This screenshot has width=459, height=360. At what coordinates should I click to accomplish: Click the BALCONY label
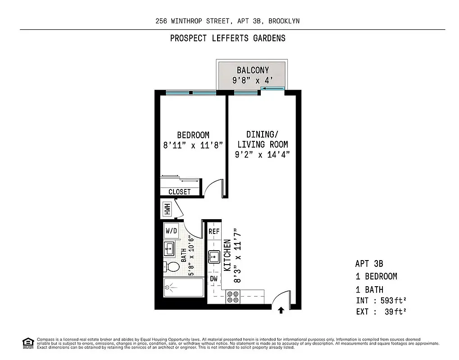(x=253, y=70)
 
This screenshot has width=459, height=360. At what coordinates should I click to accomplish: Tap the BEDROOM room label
(x=193, y=135)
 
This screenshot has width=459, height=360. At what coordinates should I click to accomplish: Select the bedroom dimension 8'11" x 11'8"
(x=193, y=145)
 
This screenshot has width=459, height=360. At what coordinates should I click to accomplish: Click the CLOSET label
(x=179, y=192)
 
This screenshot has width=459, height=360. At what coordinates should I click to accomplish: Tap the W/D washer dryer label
(x=171, y=231)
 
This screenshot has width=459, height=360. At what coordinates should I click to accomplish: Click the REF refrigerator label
(x=214, y=231)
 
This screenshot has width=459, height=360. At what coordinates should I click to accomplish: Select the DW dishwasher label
(x=214, y=279)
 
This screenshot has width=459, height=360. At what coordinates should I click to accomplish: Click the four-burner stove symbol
(x=233, y=297)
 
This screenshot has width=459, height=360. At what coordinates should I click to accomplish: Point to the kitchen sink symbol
(x=214, y=257)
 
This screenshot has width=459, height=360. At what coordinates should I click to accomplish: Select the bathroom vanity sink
(x=169, y=247)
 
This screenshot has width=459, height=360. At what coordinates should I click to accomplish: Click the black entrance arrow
(x=281, y=310)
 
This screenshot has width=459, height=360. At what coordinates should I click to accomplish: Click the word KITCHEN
(x=227, y=255)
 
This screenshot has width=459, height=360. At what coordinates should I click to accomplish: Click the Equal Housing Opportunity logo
(x=28, y=343)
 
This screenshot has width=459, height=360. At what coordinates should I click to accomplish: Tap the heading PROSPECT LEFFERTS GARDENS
(x=227, y=38)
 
